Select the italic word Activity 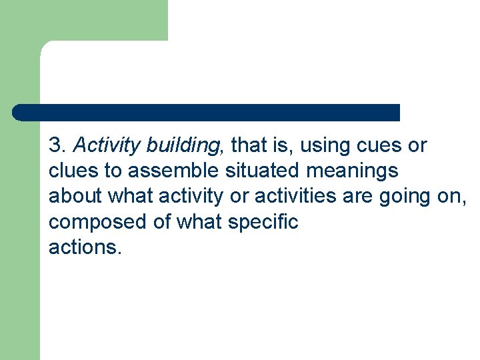[x=104, y=145]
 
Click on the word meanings [x=352, y=171]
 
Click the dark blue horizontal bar [x=207, y=112]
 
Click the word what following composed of [x=200, y=222]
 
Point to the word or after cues [x=417, y=145]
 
